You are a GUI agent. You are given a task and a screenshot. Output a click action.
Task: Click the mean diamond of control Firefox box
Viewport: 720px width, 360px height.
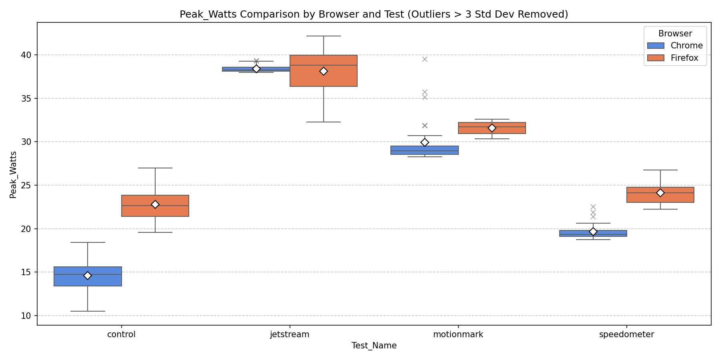point(155,204)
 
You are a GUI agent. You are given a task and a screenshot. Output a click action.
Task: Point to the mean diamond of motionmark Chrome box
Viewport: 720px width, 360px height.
point(425,142)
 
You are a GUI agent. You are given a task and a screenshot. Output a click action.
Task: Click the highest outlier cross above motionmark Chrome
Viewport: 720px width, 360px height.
point(425,59)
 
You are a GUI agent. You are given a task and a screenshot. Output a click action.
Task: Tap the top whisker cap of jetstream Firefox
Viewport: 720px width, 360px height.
point(323,36)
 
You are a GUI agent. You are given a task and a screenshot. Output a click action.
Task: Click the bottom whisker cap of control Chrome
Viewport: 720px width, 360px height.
point(88,311)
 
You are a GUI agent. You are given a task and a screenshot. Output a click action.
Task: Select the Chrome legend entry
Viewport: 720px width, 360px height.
point(686,46)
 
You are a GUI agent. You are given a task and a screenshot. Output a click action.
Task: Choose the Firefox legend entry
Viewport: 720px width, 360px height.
point(684,58)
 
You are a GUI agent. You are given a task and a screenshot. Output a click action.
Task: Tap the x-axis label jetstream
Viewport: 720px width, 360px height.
point(290,335)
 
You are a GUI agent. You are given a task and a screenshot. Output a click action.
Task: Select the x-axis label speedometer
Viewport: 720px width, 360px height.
point(626,335)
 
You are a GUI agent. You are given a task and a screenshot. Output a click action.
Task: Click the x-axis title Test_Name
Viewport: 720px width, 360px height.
point(374,346)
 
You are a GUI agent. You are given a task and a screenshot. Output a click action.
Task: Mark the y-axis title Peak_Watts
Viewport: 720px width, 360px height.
point(13,174)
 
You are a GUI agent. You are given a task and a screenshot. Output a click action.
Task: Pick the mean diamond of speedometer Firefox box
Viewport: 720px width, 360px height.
point(660,193)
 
